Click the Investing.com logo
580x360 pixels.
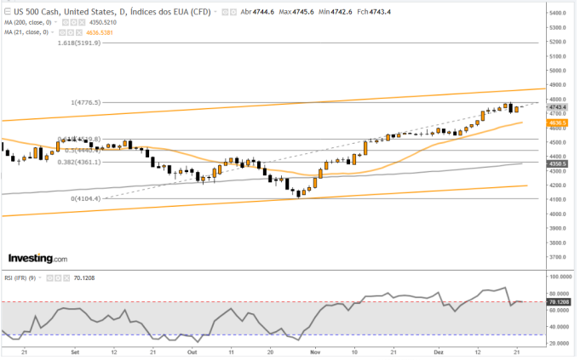pos(37,258)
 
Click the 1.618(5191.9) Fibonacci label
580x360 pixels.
pos(80,42)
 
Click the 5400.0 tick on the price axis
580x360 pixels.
pos(558,14)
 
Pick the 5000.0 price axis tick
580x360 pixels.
pos(558,71)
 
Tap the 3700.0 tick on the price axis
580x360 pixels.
pos(558,256)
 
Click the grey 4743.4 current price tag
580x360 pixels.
pos(558,107)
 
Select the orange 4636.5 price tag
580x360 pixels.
pos(558,123)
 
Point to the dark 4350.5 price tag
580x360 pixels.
pos(558,163)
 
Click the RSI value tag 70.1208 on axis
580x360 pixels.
pos(560,301)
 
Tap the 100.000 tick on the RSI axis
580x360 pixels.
pos(559,277)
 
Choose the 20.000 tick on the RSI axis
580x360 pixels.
pos(559,342)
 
